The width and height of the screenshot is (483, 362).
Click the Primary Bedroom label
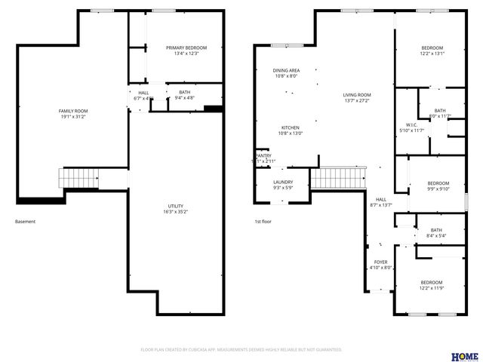tap(186, 48)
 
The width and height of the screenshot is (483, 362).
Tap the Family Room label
tap(73, 111)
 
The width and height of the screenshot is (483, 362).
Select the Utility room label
tap(175, 206)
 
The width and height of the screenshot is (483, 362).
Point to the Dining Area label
tap(286, 70)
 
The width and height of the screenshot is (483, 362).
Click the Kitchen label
tap(291, 127)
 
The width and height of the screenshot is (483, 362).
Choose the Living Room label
tap(357, 94)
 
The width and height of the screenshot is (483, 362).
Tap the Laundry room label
tap(283, 182)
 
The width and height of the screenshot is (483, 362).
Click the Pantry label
tap(263, 155)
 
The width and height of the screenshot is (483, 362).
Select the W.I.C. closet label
tap(411, 125)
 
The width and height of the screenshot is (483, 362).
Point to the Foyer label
tap(380, 262)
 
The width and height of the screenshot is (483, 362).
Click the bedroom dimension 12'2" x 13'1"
tap(432, 54)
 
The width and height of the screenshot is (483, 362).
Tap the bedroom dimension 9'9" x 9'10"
tap(438, 189)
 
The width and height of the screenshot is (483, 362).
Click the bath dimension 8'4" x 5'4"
tap(436, 236)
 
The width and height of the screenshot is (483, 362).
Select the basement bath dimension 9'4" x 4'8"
tap(185, 97)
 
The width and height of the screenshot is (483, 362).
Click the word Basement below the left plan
tap(25, 222)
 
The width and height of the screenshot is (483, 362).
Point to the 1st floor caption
tap(263, 222)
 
